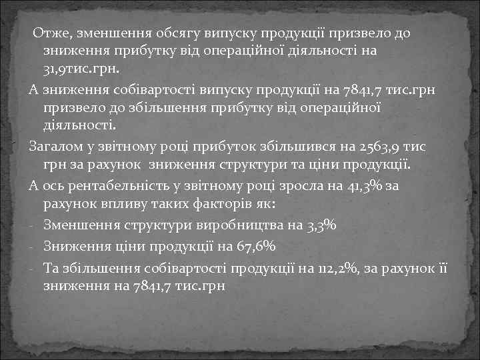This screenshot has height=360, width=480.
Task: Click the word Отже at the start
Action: [x=53, y=33]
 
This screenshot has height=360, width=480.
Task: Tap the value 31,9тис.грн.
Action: [x=80, y=69]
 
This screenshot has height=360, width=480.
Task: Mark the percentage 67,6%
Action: [x=256, y=247]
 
